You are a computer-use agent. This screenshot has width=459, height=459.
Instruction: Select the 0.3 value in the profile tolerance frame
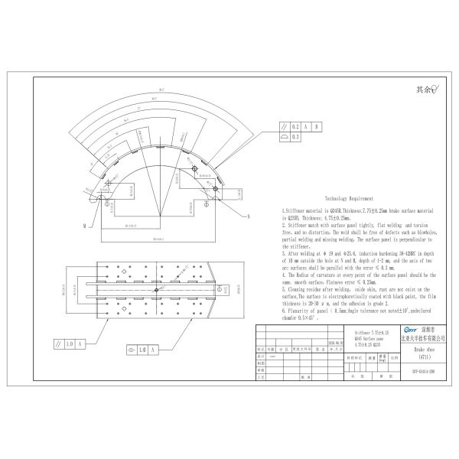click(x=297, y=137)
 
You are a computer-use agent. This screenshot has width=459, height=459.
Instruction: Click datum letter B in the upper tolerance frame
click(x=317, y=126)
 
